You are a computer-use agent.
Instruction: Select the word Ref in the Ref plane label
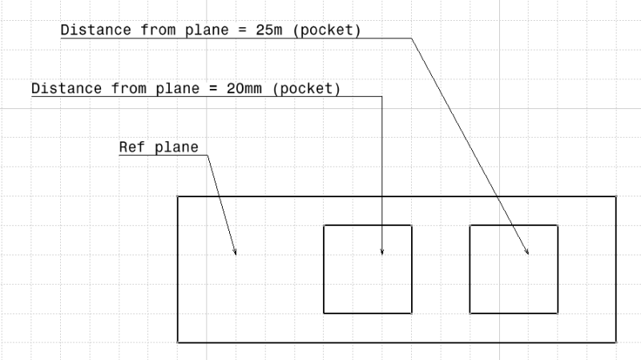click(130, 147)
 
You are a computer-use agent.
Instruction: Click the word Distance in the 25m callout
click(91, 30)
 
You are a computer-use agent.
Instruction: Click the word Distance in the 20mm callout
click(62, 88)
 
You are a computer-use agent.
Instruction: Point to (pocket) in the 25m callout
click(332, 30)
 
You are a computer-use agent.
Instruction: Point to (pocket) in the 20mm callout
click(307, 88)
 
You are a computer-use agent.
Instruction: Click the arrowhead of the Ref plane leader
click(236, 253)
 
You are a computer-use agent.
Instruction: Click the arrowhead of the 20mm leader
click(382, 253)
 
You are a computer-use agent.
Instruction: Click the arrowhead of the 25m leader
click(528, 253)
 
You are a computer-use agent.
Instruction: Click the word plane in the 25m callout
click(200, 30)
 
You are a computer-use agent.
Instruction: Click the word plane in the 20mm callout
click(171, 88)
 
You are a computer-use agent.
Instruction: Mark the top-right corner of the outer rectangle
click(615, 196)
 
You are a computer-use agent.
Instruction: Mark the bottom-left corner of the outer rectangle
click(178, 342)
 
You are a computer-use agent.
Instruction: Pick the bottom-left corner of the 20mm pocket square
click(324, 313)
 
